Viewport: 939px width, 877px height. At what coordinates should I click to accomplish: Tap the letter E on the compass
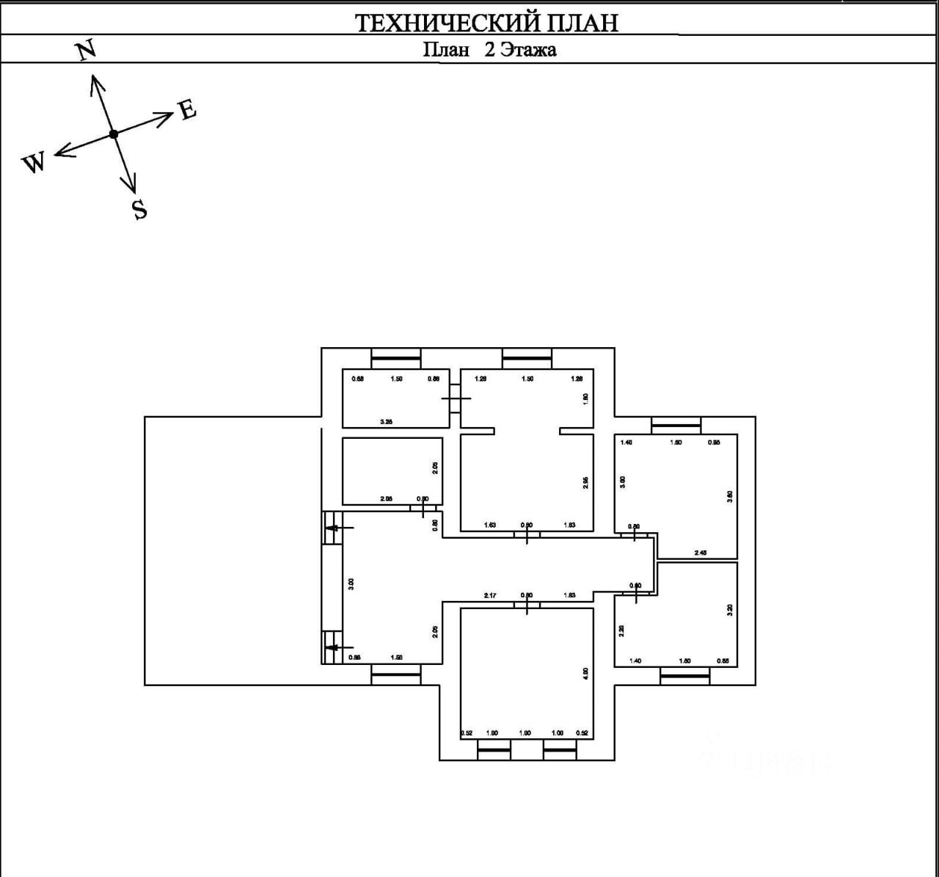(x=188, y=109)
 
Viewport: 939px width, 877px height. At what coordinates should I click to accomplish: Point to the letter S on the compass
(x=139, y=210)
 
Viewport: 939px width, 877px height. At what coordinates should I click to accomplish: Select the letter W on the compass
(x=34, y=162)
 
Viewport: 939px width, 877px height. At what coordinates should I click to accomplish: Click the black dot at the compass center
(x=113, y=134)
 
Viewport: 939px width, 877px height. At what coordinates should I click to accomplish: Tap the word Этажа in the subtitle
(x=528, y=50)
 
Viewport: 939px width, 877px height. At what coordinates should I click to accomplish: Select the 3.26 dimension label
(x=386, y=422)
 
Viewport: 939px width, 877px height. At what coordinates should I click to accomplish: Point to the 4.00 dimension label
(x=585, y=674)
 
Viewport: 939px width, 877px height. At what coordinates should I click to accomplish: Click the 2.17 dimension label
(x=490, y=595)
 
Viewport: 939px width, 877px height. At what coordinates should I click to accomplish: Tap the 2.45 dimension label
(x=700, y=553)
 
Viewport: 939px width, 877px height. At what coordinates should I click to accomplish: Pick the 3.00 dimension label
(x=351, y=584)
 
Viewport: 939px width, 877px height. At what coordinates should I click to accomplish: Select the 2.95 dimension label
(x=585, y=482)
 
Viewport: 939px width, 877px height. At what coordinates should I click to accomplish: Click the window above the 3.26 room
(x=396, y=358)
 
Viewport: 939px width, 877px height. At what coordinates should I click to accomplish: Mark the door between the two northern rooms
(x=456, y=398)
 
